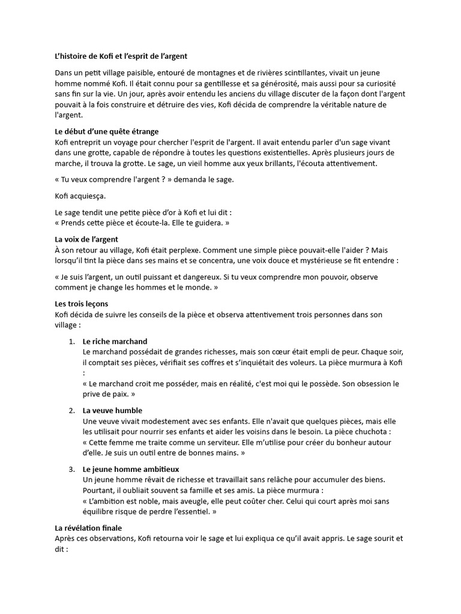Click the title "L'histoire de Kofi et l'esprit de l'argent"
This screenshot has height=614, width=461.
click(121, 56)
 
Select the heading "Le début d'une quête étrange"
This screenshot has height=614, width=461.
click(106, 131)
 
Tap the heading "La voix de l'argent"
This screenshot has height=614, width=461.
click(86, 239)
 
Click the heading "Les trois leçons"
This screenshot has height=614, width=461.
click(82, 304)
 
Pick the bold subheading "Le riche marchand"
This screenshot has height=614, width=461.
click(115, 341)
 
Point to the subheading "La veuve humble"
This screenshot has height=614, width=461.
click(112, 410)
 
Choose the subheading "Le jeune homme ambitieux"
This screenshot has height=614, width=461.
click(131, 469)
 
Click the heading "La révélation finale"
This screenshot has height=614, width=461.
click(88, 528)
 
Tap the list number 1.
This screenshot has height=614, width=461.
click(71, 341)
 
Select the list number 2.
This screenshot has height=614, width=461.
click(71, 410)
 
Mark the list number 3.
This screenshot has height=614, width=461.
click(71, 469)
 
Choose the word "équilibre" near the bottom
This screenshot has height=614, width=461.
click(100, 512)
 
